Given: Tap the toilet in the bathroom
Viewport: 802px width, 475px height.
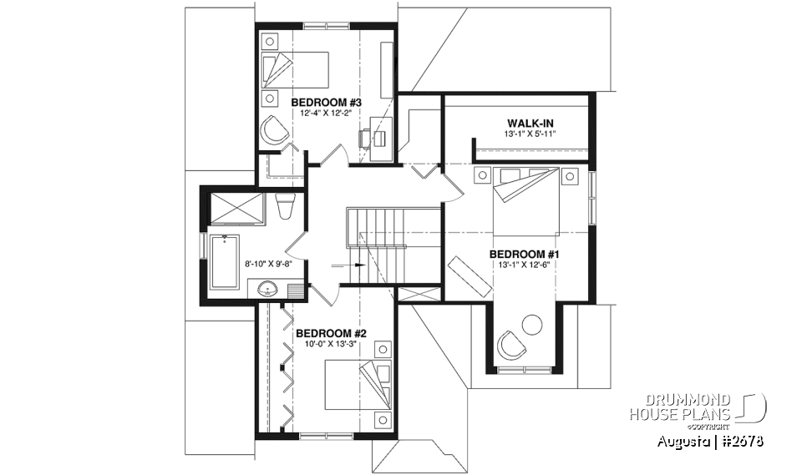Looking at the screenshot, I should pos(283,205).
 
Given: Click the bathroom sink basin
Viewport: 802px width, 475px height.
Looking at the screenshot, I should pos(267,289).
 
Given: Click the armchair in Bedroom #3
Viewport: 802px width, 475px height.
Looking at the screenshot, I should pos(273,131).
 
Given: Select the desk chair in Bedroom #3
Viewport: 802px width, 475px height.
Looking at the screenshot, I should pos(367,138).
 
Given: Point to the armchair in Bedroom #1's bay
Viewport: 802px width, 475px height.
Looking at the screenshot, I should pos(508,343).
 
